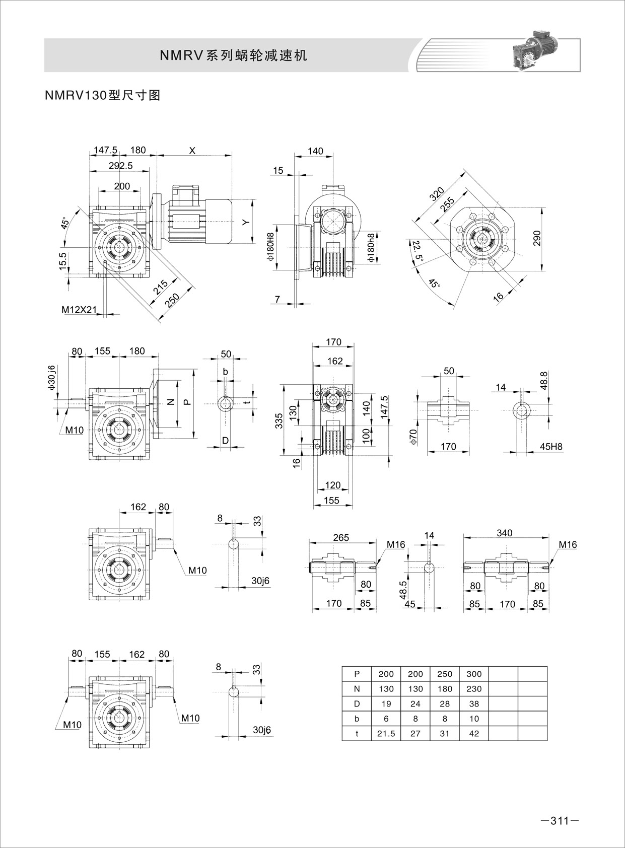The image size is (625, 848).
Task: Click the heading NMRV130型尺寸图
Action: click(103, 95)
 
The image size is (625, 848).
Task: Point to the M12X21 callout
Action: click(79, 310)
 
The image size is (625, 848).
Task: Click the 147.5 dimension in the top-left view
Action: click(105, 150)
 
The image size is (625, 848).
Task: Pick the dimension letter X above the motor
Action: click(192, 150)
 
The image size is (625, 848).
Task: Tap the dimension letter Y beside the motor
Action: click(245, 222)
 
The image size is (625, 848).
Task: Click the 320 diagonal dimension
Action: click(437, 194)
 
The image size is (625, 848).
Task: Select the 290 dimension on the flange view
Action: click(536, 239)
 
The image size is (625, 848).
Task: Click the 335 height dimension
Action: click(279, 420)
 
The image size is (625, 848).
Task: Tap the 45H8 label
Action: click(550, 447)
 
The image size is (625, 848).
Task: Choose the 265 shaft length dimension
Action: click(341, 537)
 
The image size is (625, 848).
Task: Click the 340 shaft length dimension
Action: click(504, 533)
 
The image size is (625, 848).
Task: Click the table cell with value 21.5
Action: click(386, 734)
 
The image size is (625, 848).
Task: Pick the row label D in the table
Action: click(357, 704)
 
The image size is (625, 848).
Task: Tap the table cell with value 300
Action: click(474, 674)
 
